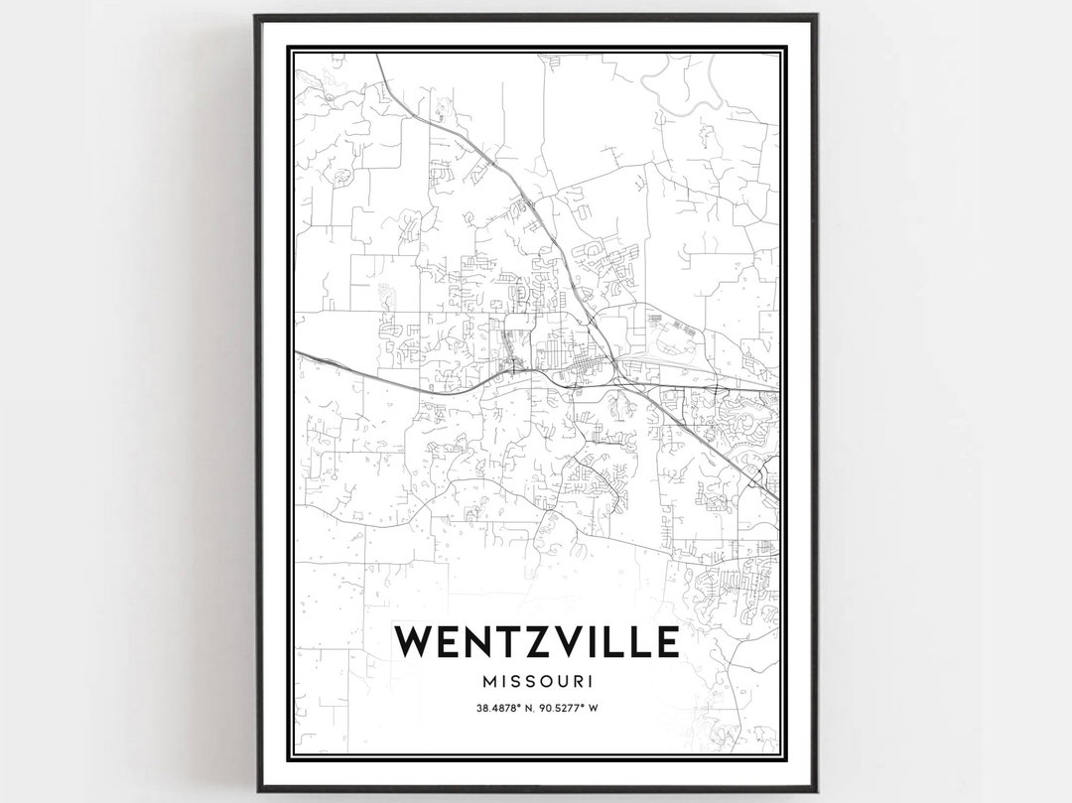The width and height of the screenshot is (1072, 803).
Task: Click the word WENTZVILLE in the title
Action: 536,642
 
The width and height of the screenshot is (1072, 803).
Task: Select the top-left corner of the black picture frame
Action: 256,16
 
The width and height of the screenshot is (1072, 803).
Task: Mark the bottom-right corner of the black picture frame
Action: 816,790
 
